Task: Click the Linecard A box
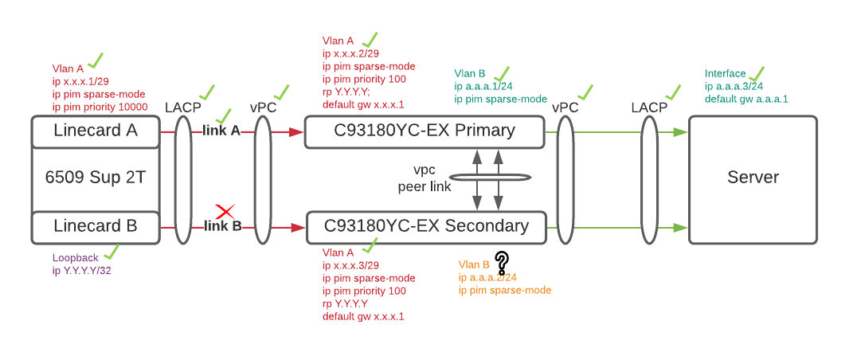coord(96,131)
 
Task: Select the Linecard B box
coord(96,227)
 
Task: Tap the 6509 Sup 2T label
coord(96,178)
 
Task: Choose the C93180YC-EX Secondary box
coord(426,227)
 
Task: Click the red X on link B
coord(225,212)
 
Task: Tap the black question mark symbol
coord(502,262)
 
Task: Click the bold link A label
coord(222,131)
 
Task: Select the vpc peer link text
coord(424,179)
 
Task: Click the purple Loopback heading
coord(76,258)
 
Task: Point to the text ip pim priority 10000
coord(100,107)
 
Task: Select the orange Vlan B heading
coord(475,264)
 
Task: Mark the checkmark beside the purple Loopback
coord(112,252)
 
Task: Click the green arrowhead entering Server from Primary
coord(680,131)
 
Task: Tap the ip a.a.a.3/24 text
coord(734,87)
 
